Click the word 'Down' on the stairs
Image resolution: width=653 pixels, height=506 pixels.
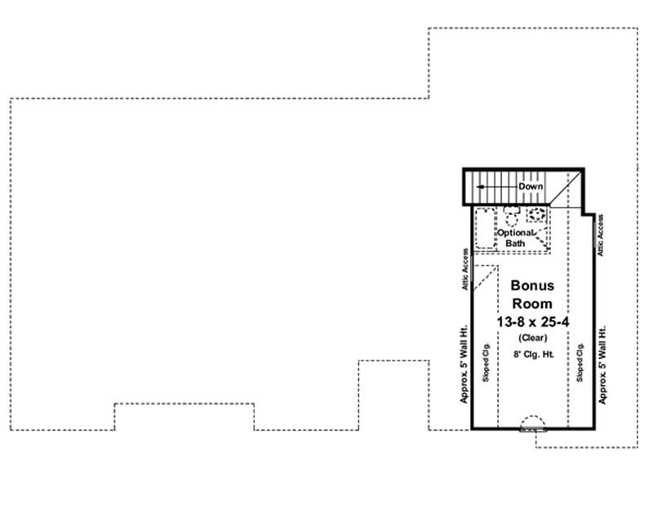point(530,187)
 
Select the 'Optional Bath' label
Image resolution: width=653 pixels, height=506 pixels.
point(516,238)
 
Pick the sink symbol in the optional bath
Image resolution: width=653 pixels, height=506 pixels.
point(536,215)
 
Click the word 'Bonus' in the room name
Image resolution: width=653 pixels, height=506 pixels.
point(532,286)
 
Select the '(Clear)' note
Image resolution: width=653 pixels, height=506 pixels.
point(532,338)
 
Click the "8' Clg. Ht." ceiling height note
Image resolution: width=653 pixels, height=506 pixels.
point(532,355)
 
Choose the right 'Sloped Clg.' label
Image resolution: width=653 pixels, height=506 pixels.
point(580,364)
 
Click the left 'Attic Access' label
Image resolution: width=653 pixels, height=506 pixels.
point(465,270)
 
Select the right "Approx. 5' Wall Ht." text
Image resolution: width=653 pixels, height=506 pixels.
point(603,365)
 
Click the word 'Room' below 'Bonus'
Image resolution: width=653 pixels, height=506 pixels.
point(532,303)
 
